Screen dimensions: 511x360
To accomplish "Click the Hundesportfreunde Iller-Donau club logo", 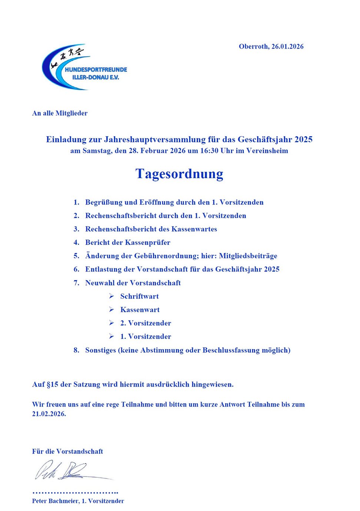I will pyautogui.click(x=84, y=67).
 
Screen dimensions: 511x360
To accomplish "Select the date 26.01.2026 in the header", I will pyautogui.click(x=287, y=47).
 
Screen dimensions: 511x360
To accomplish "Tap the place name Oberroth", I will pyautogui.click(x=253, y=47).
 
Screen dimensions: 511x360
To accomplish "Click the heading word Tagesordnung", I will pyautogui.click(x=179, y=174).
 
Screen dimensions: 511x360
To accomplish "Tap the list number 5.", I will pyautogui.click(x=76, y=256).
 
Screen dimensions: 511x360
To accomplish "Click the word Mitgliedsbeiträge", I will pyautogui.click(x=248, y=256).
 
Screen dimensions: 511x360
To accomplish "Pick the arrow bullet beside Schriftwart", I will pyautogui.click(x=111, y=296).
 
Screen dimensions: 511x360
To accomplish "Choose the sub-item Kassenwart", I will pyautogui.click(x=140, y=310).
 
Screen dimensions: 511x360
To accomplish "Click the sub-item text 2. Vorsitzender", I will pyautogui.click(x=146, y=323).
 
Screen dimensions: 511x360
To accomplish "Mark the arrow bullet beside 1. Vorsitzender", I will pyautogui.click(x=111, y=337).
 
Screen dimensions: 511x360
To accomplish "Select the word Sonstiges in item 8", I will pyautogui.click(x=100, y=350).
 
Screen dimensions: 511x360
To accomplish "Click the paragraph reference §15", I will pyautogui.click(x=52, y=385).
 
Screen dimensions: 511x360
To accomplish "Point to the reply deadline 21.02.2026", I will pyautogui.click(x=49, y=414).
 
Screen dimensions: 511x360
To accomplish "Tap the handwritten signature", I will pyautogui.click(x=70, y=471).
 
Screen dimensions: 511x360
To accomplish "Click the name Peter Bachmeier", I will pyautogui.click(x=55, y=501).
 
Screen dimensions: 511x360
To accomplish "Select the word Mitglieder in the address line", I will pyautogui.click(x=71, y=113).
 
